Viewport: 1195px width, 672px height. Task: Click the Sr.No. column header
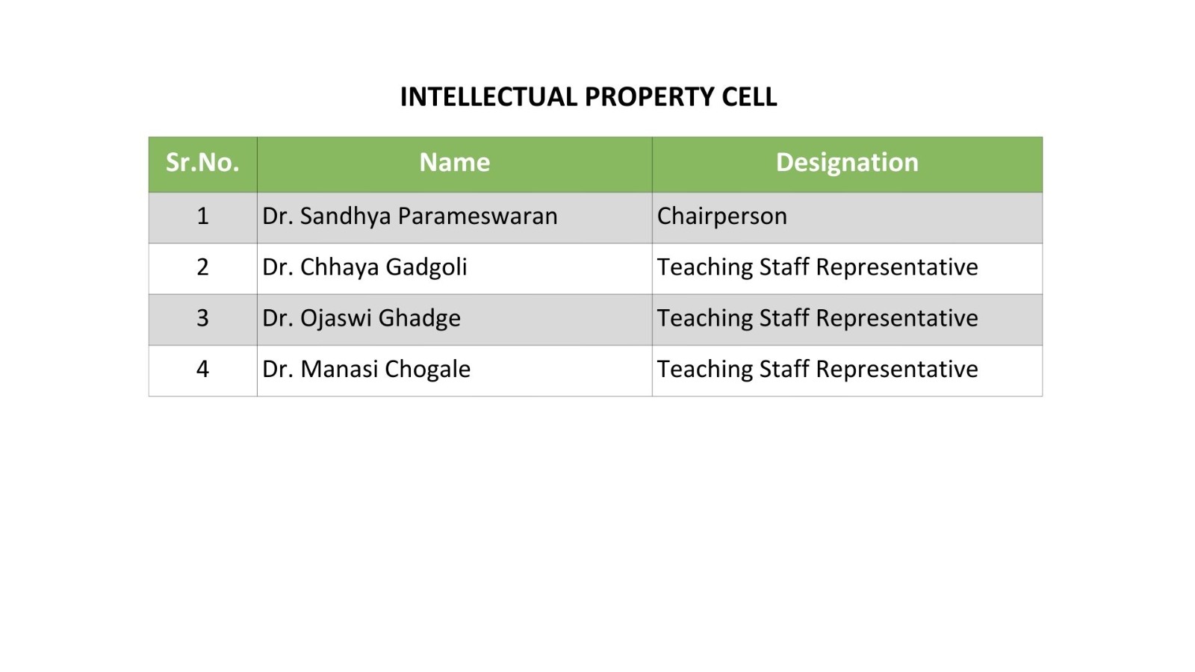coord(202,163)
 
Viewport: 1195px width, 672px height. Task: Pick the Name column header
coord(455,163)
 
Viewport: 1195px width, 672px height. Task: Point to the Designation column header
coord(847,164)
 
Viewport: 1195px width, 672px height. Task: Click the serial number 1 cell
coord(202,217)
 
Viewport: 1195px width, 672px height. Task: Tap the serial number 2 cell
coord(202,267)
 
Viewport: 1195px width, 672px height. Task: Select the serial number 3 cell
coord(202,318)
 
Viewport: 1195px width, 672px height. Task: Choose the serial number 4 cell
coord(202,369)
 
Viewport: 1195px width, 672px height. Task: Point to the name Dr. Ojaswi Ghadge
coord(361,319)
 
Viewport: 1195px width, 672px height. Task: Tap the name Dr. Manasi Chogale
coord(366,370)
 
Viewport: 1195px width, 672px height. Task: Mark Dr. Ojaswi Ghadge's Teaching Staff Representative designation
coord(817,319)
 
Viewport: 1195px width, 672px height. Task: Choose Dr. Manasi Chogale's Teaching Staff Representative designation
coord(817,370)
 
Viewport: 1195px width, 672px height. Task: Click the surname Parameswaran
coord(477,217)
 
